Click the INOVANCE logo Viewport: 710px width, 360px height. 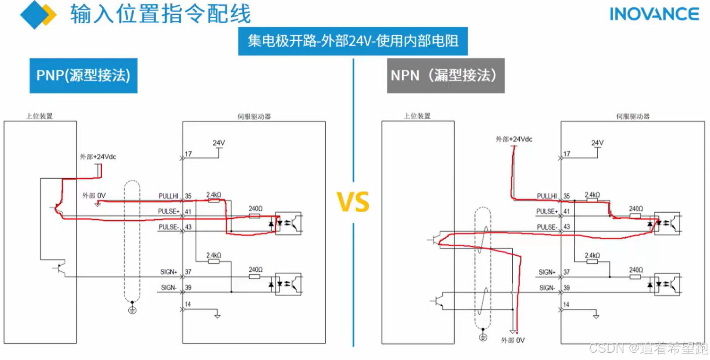pos(654,14)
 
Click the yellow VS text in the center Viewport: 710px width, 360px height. pos(353,202)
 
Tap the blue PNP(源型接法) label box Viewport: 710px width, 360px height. pos(84,76)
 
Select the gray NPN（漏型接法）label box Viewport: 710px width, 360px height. pos(445,76)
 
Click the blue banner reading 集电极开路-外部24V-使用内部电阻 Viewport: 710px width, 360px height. pos(353,41)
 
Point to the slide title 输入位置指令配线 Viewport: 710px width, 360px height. pos(161,14)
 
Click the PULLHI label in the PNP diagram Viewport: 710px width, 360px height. pos(168,196)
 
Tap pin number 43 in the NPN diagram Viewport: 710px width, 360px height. pos(567,227)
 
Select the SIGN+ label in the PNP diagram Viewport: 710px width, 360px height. pos(168,272)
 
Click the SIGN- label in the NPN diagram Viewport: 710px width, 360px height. pos(547,288)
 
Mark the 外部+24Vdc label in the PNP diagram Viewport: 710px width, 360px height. pos(98,157)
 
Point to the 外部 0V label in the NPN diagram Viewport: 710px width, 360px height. pos(513,340)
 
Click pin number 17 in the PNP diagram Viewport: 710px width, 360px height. pos(188,154)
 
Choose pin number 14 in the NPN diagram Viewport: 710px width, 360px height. pos(566,304)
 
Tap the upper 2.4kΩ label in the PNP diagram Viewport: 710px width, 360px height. pos(214,195)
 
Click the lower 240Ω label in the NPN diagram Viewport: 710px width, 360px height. pos(636,270)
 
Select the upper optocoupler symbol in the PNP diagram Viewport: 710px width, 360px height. pos(288,223)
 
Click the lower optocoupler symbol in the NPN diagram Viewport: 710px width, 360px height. pos(667,284)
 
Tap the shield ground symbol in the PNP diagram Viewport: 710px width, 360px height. pos(132,310)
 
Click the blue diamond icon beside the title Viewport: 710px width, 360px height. pos(34,15)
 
